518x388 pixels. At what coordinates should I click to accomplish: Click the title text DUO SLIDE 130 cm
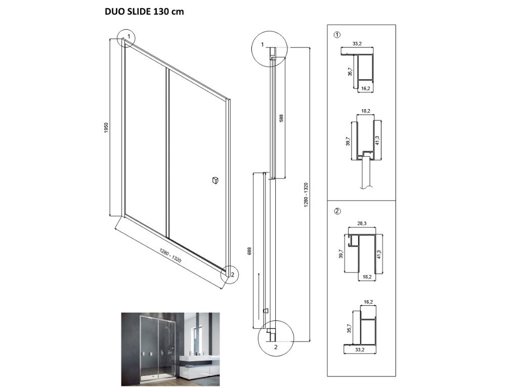tap(144, 12)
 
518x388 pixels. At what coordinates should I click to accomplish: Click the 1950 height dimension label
tap(106, 128)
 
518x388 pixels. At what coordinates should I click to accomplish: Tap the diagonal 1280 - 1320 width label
tap(170, 255)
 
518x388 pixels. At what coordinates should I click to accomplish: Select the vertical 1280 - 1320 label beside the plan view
tap(306, 195)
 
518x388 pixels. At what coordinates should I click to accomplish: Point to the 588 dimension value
tap(281, 118)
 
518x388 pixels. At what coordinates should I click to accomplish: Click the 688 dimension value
tap(249, 251)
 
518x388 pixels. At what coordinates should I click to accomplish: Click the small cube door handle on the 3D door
tap(215, 180)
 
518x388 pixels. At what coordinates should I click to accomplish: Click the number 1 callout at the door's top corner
tap(129, 36)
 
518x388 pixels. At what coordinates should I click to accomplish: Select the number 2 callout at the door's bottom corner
tap(233, 274)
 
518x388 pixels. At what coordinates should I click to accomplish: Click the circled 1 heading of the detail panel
tap(337, 34)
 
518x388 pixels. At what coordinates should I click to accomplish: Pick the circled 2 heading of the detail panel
tap(337, 211)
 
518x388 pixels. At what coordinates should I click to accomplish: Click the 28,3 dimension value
tap(362, 223)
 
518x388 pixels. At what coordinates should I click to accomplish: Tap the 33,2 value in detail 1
tap(357, 43)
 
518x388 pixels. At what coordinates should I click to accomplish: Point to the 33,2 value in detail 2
tap(360, 350)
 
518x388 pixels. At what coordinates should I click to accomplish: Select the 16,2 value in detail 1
tap(365, 88)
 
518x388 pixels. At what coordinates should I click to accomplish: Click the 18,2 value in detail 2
tap(367, 277)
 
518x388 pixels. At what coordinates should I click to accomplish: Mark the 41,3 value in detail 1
tap(377, 140)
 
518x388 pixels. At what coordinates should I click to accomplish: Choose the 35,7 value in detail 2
tap(350, 328)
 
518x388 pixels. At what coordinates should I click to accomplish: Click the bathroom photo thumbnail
tap(170, 349)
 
